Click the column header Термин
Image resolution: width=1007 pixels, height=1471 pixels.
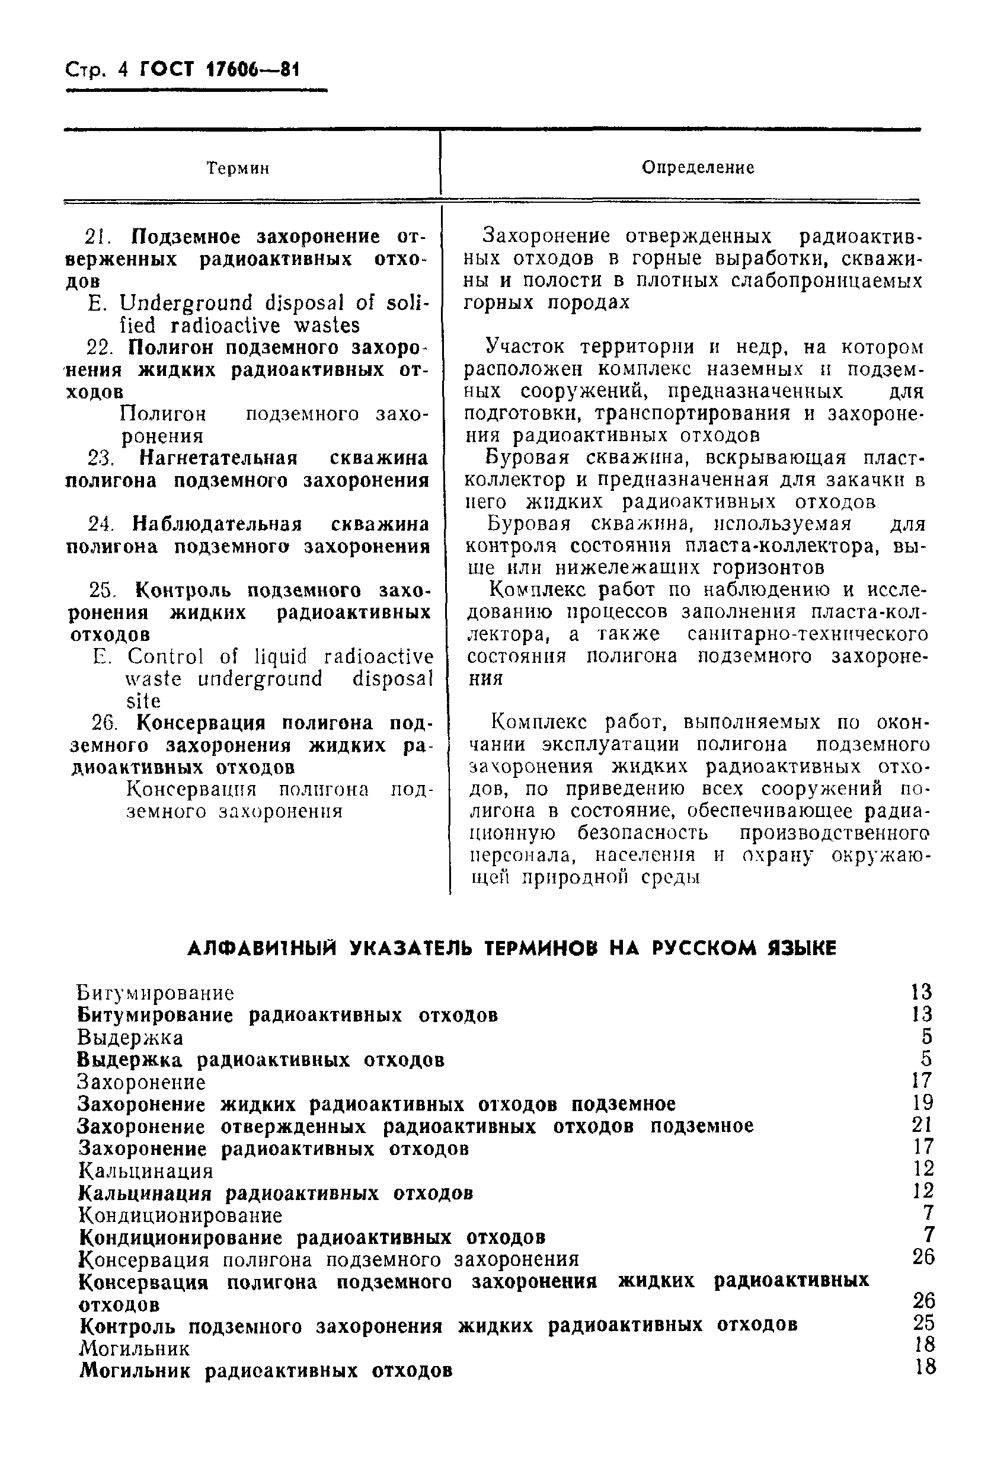click(x=238, y=168)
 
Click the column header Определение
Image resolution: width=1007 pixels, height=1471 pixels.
click(x=698, y=167)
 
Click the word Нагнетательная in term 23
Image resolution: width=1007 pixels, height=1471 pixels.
click(x=218, y=458)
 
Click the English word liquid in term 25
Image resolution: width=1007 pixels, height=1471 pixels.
click(x=280, y=656)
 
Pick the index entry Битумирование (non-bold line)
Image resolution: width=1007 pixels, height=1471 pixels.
click(x=156, y=993)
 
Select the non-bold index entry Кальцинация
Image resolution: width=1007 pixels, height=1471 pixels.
click(x=146, y=1170)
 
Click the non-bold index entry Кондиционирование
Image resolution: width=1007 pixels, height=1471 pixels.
click(x=180, y=1215)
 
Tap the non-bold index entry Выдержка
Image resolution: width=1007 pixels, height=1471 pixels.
click(x=130, y=1038)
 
